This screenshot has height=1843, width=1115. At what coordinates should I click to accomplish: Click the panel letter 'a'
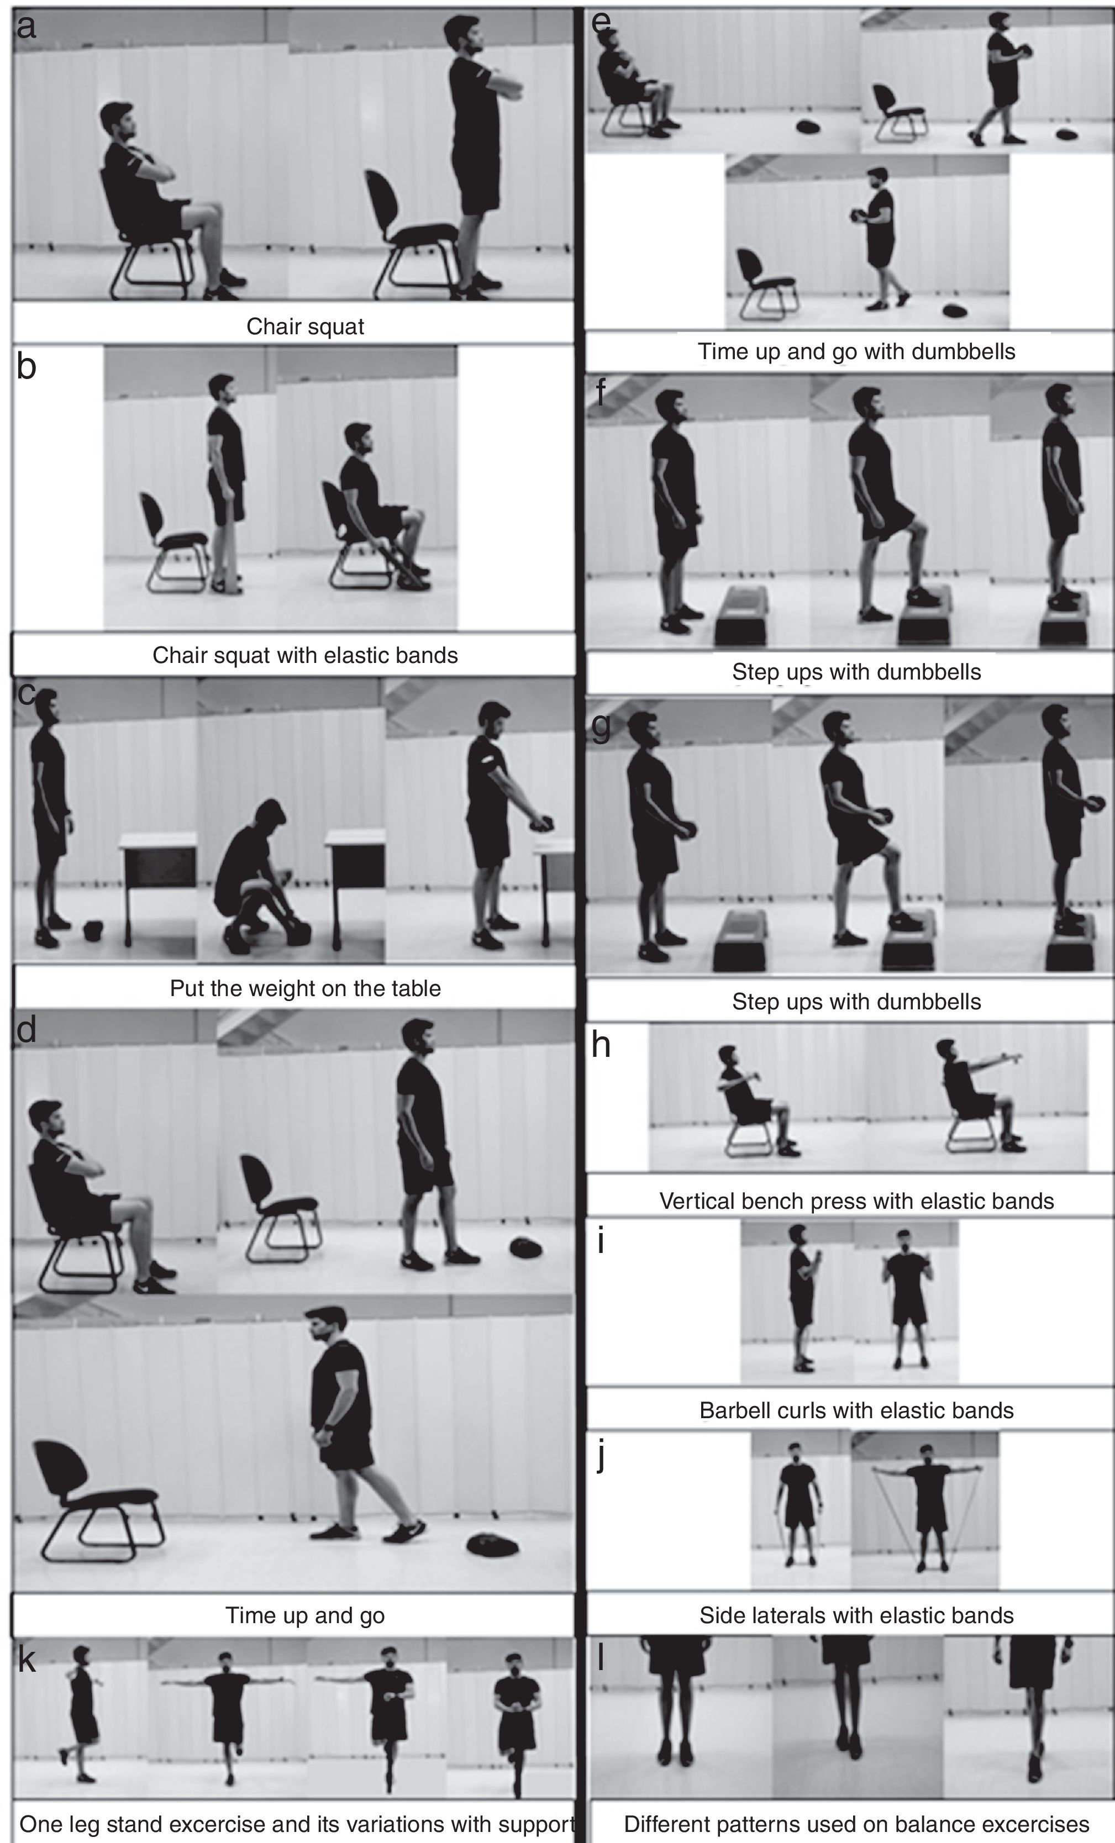pos(26,28)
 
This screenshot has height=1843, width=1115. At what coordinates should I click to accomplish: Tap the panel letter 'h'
pos(601,1045)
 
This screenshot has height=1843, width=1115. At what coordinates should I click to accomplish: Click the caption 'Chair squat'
pos(305,326)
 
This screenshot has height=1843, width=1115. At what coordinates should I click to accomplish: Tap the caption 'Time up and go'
pos(305,1615)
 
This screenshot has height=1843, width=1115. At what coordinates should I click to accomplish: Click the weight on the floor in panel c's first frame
pos(93,931)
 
